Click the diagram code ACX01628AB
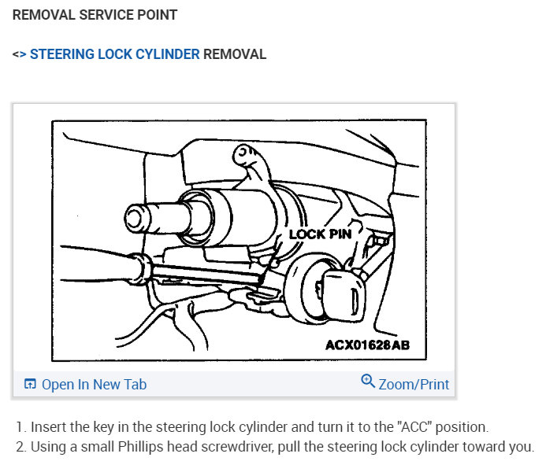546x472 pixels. [367, 345]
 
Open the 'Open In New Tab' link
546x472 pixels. [94, 385]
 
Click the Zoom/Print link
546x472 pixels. [414, 385]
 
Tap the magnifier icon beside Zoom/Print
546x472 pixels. [368, 382]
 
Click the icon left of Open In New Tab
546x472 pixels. [31, 385]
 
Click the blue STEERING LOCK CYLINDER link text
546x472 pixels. [114, 55]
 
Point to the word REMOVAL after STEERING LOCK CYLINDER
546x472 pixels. [235, 55]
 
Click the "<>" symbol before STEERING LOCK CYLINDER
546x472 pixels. [19, 55]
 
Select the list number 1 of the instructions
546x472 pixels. [20, 428]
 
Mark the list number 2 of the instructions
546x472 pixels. [20, 446]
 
